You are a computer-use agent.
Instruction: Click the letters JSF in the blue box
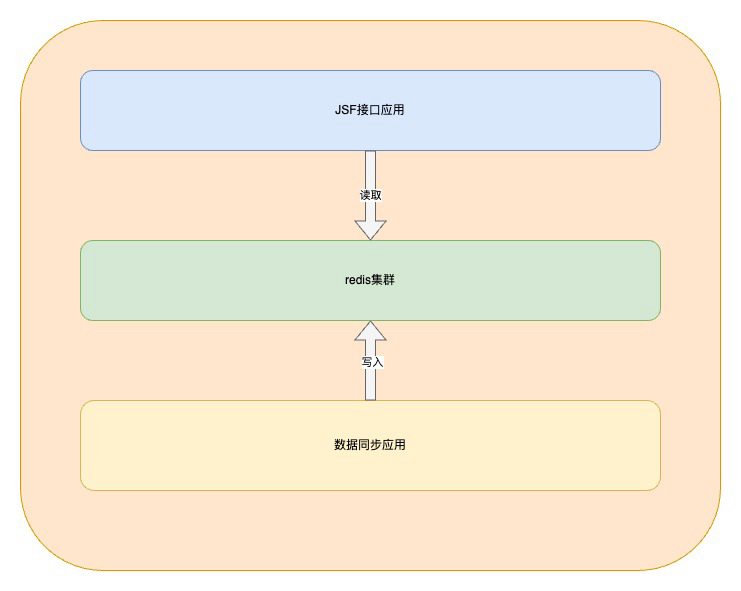point(345,110)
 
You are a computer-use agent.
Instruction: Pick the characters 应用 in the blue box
point(393,110)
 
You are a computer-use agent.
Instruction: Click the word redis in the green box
point(357,280)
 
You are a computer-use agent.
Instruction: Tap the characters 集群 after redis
point(383,280)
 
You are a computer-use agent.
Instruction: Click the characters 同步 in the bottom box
point(370,445)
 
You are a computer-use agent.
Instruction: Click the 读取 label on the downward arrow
point(371,195)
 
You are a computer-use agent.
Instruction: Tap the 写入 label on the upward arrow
point(372,362)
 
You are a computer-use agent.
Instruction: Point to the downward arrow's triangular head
point(371,228)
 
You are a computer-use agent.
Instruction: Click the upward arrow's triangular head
point(371,334)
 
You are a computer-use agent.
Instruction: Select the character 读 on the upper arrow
point(365,195)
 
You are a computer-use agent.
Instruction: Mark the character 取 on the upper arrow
point(377,195)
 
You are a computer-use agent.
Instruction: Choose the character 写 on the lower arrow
point(366,362)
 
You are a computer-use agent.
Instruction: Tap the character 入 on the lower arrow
point(378,362)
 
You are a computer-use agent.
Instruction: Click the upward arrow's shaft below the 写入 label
point(371,386)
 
